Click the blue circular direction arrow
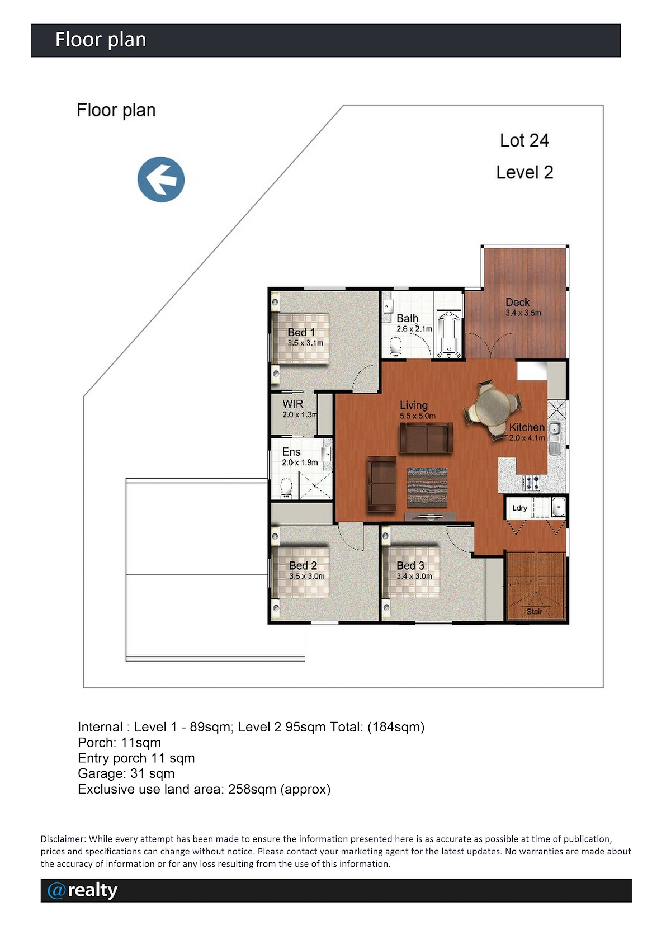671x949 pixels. coord(161,179)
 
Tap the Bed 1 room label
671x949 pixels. coord(301,333)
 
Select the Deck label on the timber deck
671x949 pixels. coord(518,302)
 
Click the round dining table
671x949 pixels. coord(493,408)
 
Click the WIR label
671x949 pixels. coord(292,404)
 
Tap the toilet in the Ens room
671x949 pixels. coord(286,487)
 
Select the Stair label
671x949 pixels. coord(534,611)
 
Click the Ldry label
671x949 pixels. coord(520,508)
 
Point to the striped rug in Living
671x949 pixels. coord(427,487)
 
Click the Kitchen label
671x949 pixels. coord(527,427)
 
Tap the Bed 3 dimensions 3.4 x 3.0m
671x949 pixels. coord(414,576)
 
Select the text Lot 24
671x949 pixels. coord(524,141)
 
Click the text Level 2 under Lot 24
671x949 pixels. coord(525,172)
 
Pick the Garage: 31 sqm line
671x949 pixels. coord(126,773)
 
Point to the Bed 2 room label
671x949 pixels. coord(303,565)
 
